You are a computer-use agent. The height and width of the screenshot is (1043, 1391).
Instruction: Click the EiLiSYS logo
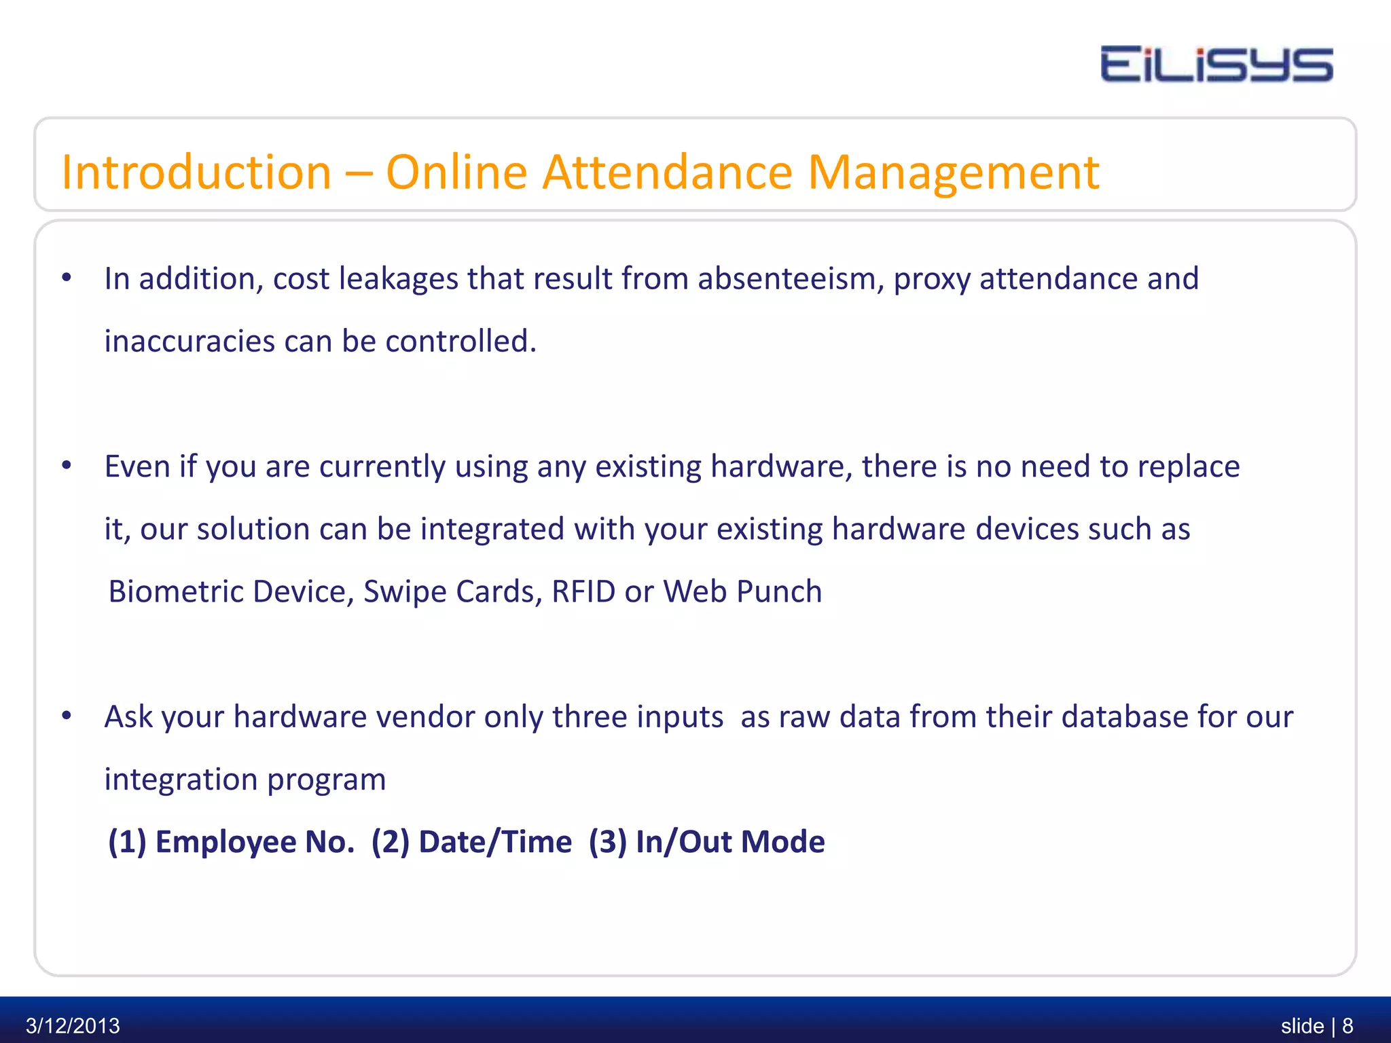1216,65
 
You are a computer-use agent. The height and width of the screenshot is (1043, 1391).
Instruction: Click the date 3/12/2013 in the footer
73,1025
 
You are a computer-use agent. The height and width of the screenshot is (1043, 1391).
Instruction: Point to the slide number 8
1348,1025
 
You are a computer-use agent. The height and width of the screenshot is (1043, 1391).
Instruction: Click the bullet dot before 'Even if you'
67,466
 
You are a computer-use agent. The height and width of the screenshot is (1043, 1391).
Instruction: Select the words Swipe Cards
452,591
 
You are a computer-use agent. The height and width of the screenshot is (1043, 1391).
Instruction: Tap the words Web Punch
742,591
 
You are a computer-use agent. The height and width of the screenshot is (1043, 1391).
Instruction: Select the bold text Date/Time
494,842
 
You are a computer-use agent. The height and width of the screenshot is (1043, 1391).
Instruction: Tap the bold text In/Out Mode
729,842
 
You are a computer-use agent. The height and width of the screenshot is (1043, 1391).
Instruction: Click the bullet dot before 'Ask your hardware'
67,716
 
